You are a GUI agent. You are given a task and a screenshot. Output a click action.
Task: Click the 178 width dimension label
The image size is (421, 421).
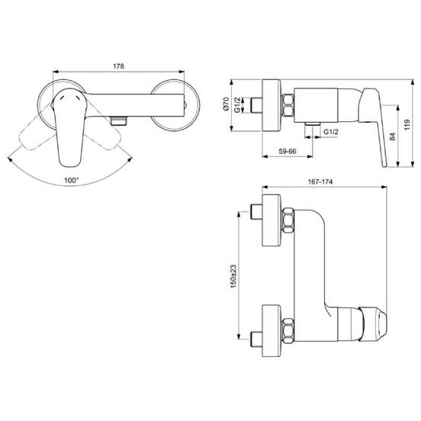[x=118, y=66]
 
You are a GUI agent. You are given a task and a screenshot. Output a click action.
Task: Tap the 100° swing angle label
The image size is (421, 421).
[x=72, y=180]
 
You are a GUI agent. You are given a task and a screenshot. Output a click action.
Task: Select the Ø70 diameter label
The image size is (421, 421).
[x=226, y=104]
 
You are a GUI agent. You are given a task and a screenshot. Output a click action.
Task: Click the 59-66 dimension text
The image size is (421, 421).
[x=288, y=152]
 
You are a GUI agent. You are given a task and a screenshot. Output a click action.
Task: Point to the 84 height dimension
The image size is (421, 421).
[x=392, y=137]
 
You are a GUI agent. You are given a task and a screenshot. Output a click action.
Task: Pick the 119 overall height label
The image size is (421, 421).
[x=407, y=125]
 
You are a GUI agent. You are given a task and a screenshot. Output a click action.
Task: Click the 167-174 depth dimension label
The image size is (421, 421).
[x=320, y=182]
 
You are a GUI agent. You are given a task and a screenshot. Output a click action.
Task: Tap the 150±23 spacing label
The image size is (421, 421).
[x=233, y=276]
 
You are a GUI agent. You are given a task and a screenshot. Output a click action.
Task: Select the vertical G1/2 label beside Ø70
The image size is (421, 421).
[x=238, y=105]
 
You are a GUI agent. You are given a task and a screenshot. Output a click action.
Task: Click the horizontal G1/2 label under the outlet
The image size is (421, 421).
[x=331, y=131]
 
